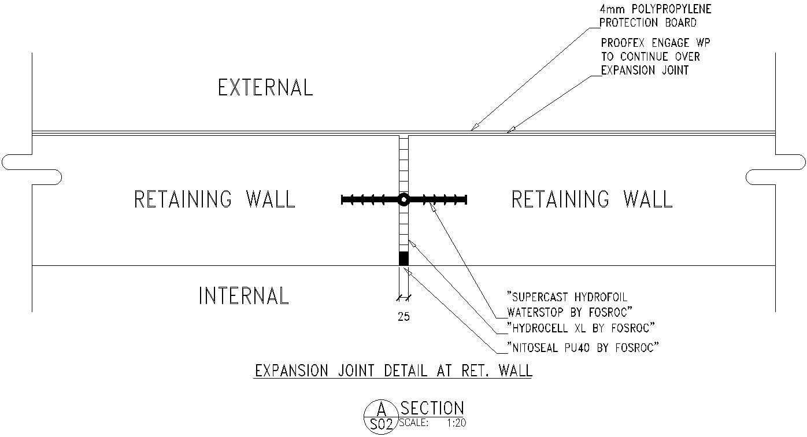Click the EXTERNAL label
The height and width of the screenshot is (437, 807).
coord(265,88)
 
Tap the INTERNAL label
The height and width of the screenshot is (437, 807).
coord(243,295)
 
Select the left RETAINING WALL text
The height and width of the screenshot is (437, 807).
coord(214,199)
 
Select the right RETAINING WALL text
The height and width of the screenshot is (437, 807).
coord(592,199)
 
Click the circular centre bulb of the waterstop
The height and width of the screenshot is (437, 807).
coord(404,199)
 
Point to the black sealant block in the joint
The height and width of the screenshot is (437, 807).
coord(404,258)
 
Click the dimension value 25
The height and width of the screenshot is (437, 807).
coord(404,317)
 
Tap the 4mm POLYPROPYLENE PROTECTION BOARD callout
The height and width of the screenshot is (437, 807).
coord(656,16)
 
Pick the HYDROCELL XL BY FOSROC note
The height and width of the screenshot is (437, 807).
coord(580,328)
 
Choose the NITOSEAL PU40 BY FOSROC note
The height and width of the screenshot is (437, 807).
coord(583,347)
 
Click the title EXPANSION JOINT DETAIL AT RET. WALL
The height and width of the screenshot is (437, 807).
coord(393,371)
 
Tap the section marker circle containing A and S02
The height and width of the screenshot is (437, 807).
coord(381,417)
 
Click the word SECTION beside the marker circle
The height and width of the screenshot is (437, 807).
coord(432,408)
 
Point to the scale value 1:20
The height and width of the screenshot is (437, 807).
coord(456,423)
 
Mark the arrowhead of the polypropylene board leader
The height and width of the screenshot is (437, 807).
coord(473,128)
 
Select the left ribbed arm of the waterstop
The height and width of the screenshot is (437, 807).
coord(370,199)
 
